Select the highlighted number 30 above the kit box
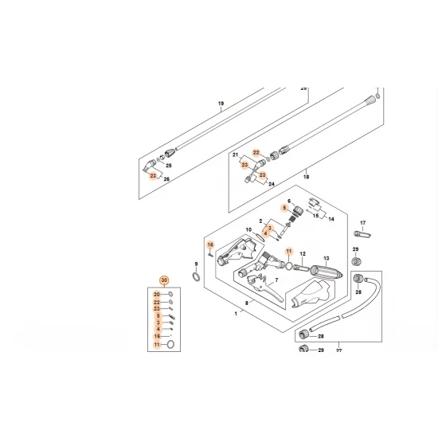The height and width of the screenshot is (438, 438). click(x=165, y=281)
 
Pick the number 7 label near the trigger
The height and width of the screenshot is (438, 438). click(x=276, y=281)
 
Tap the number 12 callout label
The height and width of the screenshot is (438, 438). click(x=303, y=252)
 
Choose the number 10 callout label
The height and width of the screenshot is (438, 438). click(x=248, y=230)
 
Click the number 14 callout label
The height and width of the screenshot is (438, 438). click(x=332, y=217)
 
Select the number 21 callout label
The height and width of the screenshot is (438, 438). click(x=235, y=155)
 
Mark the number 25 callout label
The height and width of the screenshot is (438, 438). click(x=167, y=165)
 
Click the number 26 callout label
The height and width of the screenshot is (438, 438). click(x=167, y=180)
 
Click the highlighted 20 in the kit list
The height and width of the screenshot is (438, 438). click(x=157, y=295)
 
